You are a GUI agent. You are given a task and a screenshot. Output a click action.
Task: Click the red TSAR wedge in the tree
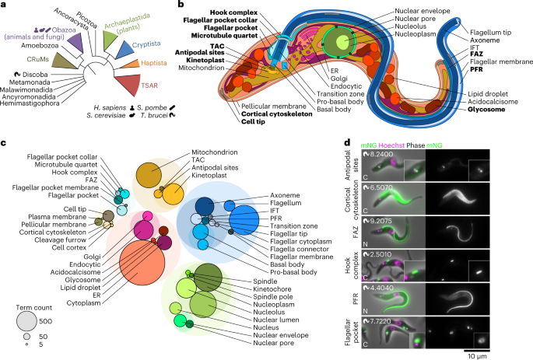[x=128, y=85]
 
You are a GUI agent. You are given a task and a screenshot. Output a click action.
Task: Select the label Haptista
[x=154, y=63]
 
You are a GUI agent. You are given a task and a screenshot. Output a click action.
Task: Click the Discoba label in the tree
[x=35, y=75]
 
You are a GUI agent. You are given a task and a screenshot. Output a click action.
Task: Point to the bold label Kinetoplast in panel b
[x=205, y=60]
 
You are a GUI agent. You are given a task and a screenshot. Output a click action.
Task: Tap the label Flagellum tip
[x=490, y=33]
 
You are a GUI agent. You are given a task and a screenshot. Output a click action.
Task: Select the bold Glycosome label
[x=486, y=110]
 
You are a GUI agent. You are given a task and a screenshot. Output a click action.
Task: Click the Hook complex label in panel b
[x=234, y=12]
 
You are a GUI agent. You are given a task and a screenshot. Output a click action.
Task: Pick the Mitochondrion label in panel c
[x=215, y=152]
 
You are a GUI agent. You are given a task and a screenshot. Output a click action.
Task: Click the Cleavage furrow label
[x=61, y=239]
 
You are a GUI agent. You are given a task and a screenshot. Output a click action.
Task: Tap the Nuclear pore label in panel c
[x=274, y=343]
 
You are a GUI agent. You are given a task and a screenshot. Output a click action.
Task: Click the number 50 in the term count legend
[x=43, y=337]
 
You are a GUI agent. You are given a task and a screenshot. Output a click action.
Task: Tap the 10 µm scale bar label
[x=477, y=356]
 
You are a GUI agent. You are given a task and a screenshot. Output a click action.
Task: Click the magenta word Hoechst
[x=391, y=145]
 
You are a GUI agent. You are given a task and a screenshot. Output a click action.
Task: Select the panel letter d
[x=347, y=143]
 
